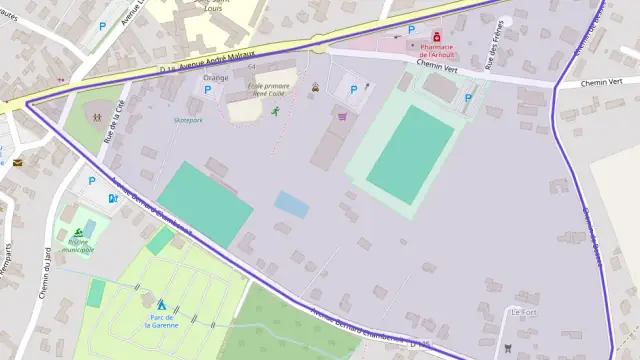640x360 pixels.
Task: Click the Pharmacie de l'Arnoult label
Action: coord(437,51)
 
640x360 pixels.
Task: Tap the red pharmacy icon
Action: coord(437,36)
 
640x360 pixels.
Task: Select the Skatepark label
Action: coord(187,120)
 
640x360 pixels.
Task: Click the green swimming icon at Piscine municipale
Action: coord(78,233)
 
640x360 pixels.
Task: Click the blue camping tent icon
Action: coord(161,303)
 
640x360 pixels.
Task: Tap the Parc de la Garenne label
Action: coord(161,321)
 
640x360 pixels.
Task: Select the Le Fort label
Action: coord(523,313)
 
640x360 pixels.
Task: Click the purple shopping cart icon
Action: coord(342,116)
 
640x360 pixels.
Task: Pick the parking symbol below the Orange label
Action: coord(208,90)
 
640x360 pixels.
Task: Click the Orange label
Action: coord(215,77)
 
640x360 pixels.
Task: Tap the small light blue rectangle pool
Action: coord(292,204)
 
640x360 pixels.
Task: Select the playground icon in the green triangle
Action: coord(97,116)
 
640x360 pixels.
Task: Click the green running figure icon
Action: coord(275,111)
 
